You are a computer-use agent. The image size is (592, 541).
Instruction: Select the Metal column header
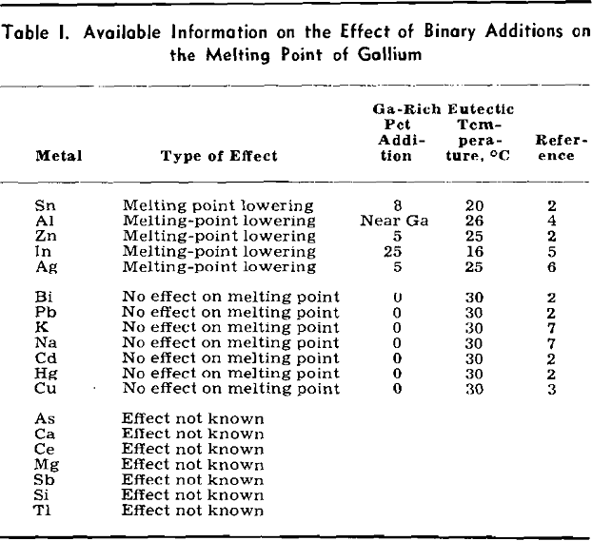[59, 157]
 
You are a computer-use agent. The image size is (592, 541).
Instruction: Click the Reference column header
[554, 148]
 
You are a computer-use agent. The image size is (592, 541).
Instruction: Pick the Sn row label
[44, 205]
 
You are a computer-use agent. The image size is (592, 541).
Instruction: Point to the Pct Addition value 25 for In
[400, 251]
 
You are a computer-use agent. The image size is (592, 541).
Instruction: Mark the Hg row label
[45, 374]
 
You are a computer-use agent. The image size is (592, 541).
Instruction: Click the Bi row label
[43, 298]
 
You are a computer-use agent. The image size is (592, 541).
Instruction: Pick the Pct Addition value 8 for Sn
[400, 205]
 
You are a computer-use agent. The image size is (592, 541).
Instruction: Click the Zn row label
[44, 236]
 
